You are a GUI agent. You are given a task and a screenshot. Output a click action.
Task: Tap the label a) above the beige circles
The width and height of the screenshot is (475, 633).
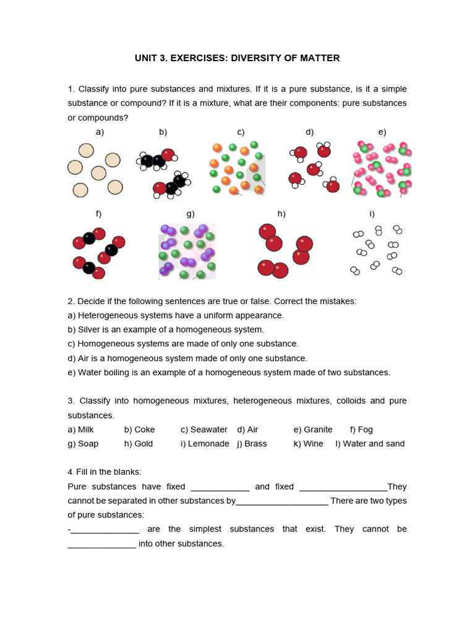[100, 132]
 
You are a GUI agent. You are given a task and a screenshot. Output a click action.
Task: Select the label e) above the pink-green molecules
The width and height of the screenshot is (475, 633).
[382, 132]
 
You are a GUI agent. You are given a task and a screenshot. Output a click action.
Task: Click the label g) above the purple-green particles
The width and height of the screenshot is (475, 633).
[190, 214]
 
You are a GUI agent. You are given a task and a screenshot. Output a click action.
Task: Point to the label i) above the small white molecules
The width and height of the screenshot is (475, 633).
[372, 214]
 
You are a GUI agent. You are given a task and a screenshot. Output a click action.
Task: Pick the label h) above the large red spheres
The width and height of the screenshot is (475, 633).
[281, 214]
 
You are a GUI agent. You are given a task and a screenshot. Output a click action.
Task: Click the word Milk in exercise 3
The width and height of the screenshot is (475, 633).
[86, 430]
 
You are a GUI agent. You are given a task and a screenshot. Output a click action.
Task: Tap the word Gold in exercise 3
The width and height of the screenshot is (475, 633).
[143, 444]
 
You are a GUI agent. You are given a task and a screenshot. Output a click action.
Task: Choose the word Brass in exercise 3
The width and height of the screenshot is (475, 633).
[256, 444]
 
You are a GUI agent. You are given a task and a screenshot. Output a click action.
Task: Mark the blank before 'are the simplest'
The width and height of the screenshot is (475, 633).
[105, 530]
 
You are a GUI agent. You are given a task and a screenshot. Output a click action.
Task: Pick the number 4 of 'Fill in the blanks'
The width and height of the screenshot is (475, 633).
[70, 472]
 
